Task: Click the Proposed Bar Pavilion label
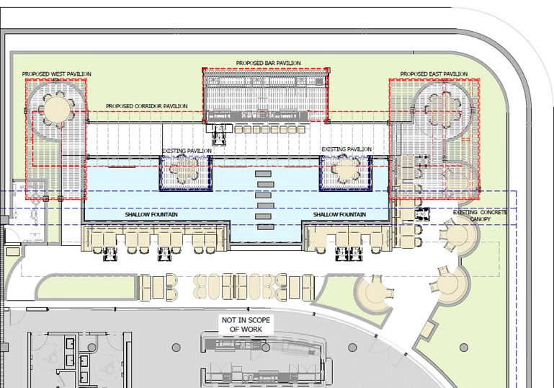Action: click(x=269, y=63)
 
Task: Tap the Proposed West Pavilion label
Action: click(x=56, y=74)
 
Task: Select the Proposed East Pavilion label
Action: click(x=434, y=74)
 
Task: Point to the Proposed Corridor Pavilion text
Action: click(x=147, y=106)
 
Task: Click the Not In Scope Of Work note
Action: click(x=246, y=325)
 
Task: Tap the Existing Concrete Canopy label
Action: click(x=480, y=216)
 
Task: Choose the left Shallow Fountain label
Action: click(x=151, y=215)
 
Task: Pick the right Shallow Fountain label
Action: click(x=339, y=215)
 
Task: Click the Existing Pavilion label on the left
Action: click(x=187, y=151)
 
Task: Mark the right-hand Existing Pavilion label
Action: click(x=347, y=149)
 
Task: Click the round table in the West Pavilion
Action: click(x=56, y=110)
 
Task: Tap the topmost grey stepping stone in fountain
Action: click(x=263, y=174)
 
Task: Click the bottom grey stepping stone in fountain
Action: click(x=265, y=227)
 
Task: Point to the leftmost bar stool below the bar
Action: click(x=238, y=129)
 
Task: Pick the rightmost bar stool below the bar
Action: click(x=301, y=129)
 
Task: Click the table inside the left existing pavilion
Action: click(x=184, y=169)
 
